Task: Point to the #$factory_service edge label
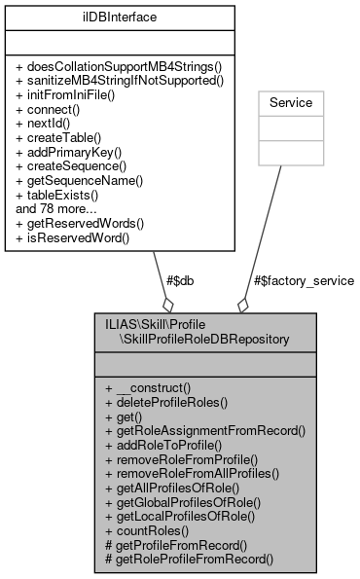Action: tap(303, 280)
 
